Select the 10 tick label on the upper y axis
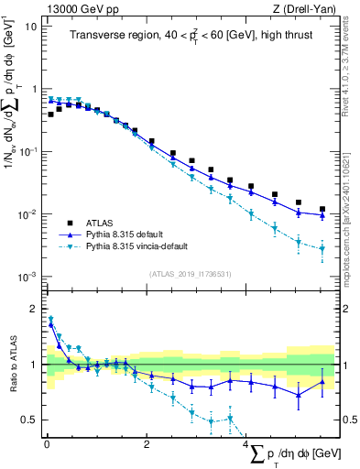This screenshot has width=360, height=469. pos(31,26)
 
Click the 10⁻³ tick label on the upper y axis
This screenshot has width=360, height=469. pos(29,277)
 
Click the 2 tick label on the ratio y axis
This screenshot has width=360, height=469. pos(34,309)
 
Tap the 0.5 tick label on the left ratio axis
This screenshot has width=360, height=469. pos(29,420)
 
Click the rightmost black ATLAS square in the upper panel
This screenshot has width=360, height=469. pos(322,209)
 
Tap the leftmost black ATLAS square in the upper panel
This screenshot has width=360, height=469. pos(50,115)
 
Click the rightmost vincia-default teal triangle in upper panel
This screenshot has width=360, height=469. pos(322,248)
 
